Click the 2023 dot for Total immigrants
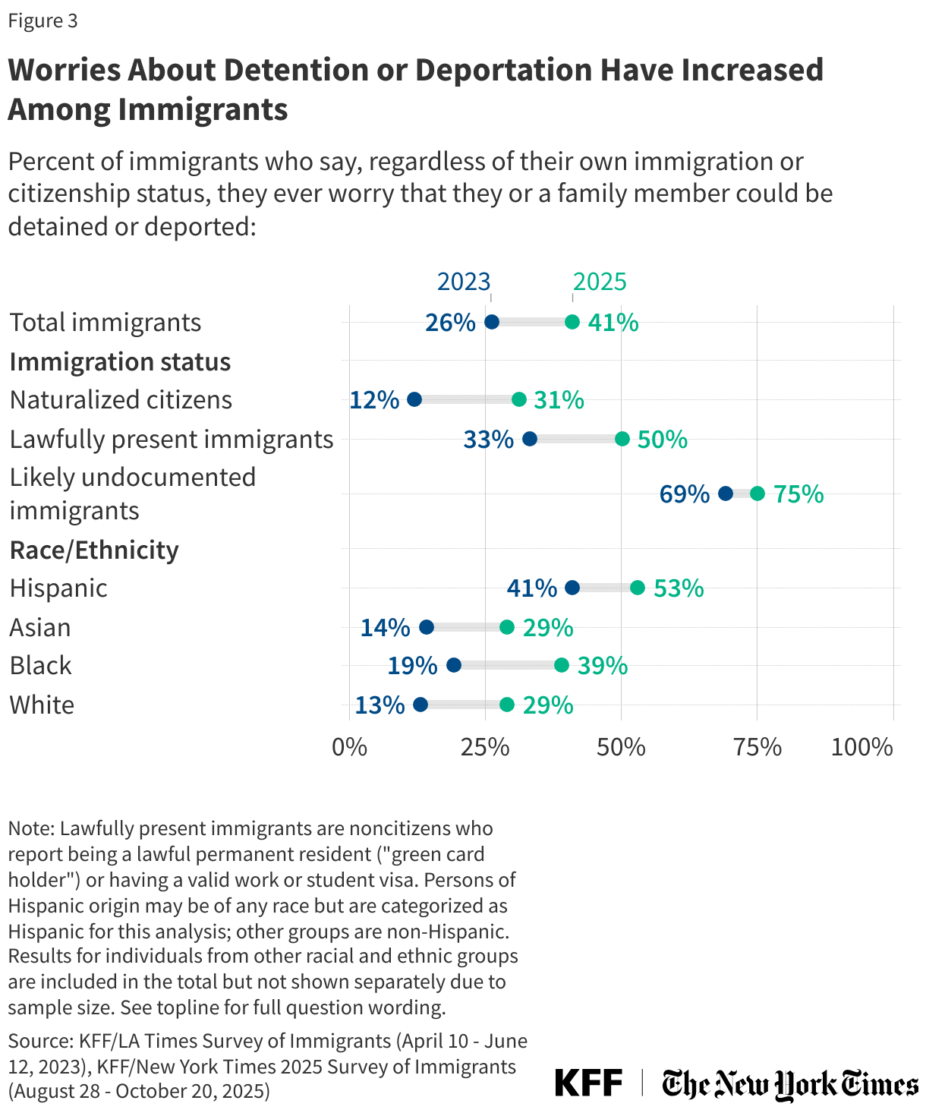491,322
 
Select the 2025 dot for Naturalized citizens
518,400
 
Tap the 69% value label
684,494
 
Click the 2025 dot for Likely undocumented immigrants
757,493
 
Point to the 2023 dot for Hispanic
572,588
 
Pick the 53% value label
679,588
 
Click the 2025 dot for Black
562,665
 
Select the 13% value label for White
380,705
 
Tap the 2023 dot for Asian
427,627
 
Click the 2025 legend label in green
600,282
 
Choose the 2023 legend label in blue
464,282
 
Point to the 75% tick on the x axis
757,747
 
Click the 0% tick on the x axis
350,747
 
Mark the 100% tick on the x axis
862,747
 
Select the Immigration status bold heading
120,362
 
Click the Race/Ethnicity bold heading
94,550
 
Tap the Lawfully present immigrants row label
172,440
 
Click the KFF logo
588,1083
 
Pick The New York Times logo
789,1083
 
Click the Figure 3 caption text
43,20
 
